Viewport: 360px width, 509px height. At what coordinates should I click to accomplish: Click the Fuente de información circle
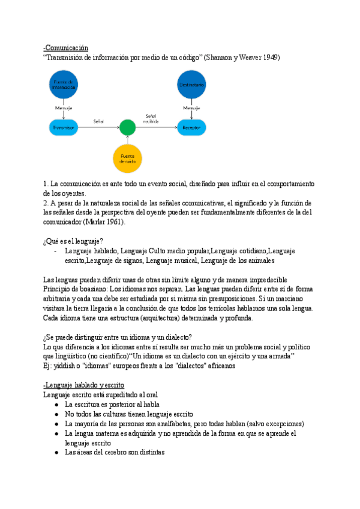coord(64,85)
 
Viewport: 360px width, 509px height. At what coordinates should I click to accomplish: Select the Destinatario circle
coord(191,85)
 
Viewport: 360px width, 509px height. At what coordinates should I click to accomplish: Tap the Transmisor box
coord(64,127)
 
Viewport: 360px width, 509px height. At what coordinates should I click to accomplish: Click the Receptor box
coord(191,127)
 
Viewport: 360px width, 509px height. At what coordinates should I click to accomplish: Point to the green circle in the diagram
coord(127,127)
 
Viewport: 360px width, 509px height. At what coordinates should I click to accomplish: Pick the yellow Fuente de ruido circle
coord(127,158)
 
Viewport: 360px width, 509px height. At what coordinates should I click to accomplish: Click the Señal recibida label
coord(151,118)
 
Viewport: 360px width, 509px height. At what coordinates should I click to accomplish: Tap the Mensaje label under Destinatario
coord(191,108)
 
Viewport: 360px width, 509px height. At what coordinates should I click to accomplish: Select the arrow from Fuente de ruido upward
coord(127,140)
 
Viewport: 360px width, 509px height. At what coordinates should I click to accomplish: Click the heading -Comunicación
coord(66,47)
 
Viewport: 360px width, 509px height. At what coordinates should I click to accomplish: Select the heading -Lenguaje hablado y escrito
coord(83,385)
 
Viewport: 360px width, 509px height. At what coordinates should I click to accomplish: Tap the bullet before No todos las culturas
coord(56,414)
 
